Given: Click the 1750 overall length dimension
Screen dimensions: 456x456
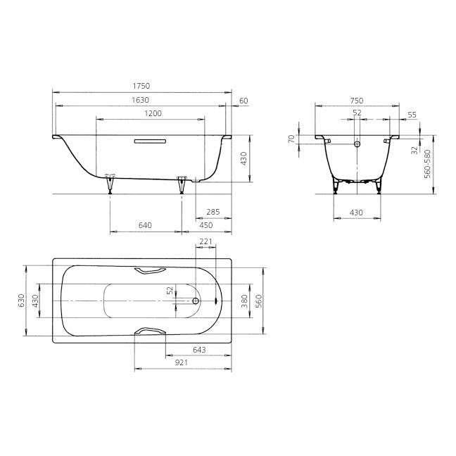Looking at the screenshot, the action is click(141, 86).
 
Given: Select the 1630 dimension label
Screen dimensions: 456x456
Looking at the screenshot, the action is click(141, 100).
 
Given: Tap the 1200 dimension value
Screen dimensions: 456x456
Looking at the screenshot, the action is click(153, 113).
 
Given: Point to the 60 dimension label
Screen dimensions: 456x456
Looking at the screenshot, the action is click(243, 101).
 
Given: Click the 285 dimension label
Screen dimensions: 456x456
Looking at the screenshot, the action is click(213, 212).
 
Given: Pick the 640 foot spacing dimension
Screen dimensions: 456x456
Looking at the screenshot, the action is click(145, 225).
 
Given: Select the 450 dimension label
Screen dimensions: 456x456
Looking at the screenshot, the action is click(206, 225).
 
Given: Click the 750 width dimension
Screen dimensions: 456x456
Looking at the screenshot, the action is click(357, 101).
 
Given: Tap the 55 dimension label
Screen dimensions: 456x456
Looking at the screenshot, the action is click(412, 115).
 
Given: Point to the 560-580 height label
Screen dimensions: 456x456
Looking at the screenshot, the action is click(427, 164).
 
